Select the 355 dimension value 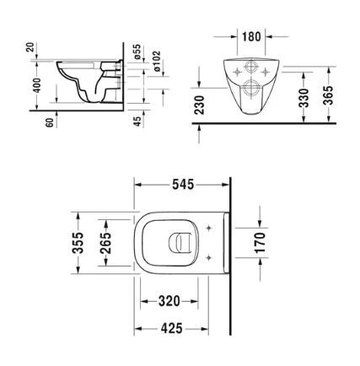click(x=78, y=245)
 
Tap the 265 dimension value click(x=104, y=245)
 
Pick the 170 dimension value click(x=260, y=243)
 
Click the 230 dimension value click(x=200, y=104)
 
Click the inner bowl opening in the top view click(x=180, y=243)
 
